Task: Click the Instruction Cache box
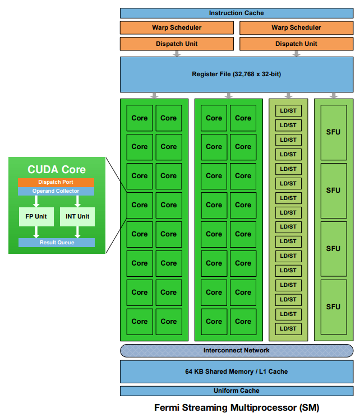(x=236, y=13)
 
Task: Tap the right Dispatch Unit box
(x=296, y=44)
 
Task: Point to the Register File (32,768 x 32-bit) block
(x=236, y=74)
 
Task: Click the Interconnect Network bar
(x=236, y=351)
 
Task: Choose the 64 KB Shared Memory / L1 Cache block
(x=236, y=371)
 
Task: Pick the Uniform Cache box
(x=236, y=391)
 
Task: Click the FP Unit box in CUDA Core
(x=36, y=216)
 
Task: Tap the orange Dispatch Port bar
(x=56, y=182)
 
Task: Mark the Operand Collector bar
(x=56, y=191)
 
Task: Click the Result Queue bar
(x=56, y=243)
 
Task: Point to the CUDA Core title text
(x=57, y=169)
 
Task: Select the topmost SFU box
(x=333, y=132)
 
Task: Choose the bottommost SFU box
(x=333, y=306)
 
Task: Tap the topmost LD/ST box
(x=288, y=110)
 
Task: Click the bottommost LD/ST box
(x=288, y=328)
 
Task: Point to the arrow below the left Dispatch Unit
(x=177, y=54)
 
